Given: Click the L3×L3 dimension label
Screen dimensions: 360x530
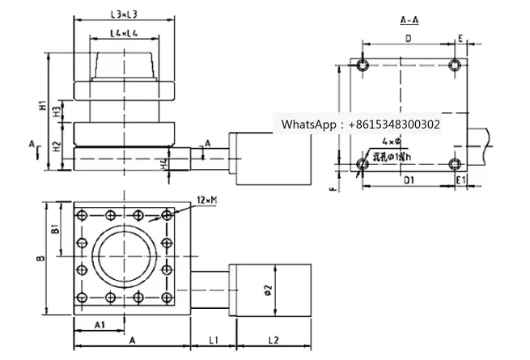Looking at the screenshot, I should click(124, 15).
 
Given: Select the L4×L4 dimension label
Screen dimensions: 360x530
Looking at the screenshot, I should click(124, 34).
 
